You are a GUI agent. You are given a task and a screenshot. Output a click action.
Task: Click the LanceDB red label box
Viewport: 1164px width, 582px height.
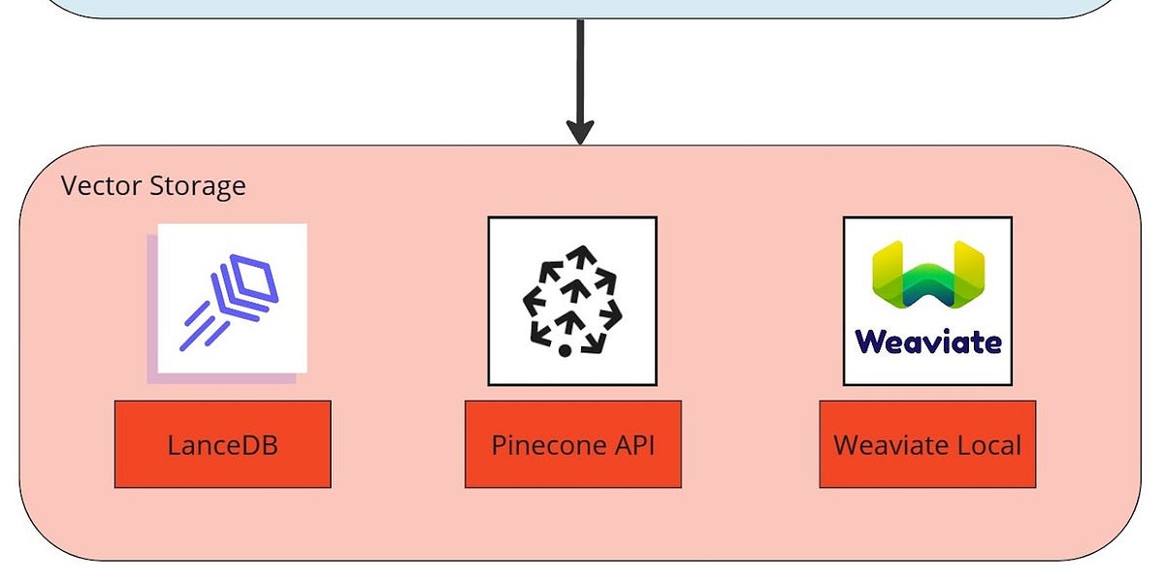pyautogui.click(x=222, y=444)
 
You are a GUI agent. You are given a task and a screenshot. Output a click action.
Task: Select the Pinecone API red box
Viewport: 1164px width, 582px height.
pyautogui.click(x=572, y=444)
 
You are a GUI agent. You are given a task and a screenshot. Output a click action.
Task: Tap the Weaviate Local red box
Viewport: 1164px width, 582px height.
pyautogui.click(x=927, y=444)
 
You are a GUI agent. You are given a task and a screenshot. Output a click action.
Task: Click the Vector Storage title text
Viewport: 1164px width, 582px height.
pyautogui.click(x=153, y=185)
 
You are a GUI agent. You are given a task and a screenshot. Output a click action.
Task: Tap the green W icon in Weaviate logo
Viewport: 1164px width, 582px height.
pyautogui.click(x=927, y=276)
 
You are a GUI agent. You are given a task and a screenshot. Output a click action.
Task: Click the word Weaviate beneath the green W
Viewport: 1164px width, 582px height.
pyautogui.click(x=927, y=341)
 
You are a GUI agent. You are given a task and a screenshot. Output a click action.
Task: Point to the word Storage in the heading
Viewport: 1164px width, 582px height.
pyautogui.click(x=197, y=185)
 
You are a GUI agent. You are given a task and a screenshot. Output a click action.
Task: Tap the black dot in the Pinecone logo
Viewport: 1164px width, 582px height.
pyautogui.click(x=565, y=349)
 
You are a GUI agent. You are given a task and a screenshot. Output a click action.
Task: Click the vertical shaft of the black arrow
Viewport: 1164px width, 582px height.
pyautogui.click(x=580, y=68)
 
